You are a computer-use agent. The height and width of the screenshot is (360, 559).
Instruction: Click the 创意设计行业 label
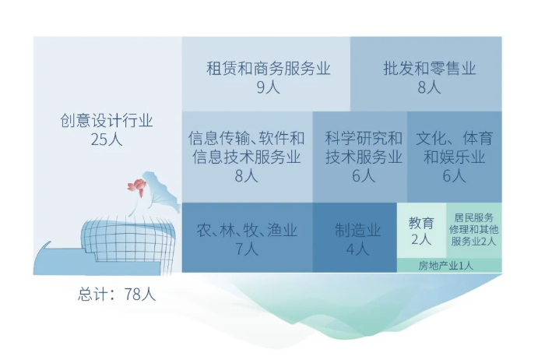107,121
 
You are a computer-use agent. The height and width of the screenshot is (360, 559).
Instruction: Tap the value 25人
107,139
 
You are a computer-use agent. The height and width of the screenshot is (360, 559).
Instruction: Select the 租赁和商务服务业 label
269,68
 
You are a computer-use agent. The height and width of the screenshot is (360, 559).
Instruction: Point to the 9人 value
269,86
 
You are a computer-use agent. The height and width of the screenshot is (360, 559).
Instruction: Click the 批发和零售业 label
430,68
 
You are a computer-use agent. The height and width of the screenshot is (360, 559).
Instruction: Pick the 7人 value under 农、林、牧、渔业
247,249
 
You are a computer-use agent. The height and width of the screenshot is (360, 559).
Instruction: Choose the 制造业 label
357,230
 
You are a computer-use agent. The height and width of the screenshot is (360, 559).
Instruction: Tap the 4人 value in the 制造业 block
357,249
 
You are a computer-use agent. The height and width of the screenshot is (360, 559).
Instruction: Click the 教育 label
421,223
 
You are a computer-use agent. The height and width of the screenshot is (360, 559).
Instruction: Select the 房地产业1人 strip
445,266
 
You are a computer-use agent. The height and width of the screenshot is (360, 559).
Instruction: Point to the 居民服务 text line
474,217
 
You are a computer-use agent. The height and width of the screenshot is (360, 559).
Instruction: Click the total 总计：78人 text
117,295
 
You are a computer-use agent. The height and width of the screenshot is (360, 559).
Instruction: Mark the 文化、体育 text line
454,138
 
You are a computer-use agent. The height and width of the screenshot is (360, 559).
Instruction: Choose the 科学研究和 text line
364,138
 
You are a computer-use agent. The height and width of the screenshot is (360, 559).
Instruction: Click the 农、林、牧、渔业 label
247,230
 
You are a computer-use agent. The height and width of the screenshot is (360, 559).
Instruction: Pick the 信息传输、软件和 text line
246,138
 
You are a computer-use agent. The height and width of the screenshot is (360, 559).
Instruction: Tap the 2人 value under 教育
421,239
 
